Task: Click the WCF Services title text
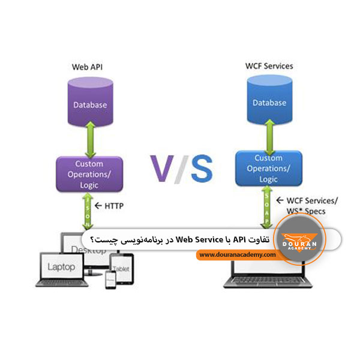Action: pos(269,66)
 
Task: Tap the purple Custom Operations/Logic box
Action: pos(89,174)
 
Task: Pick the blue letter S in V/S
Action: pos(199,169)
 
